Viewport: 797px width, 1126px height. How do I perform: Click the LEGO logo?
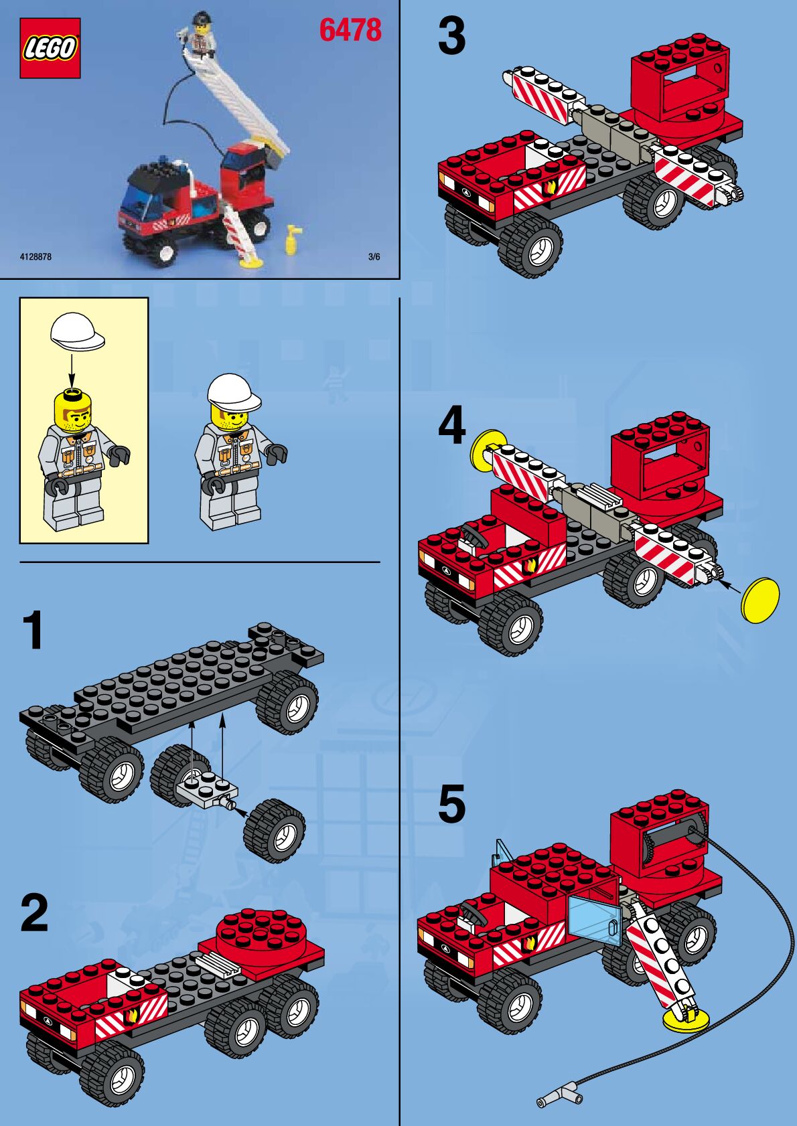point(50,48)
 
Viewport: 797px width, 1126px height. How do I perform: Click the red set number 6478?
point(350,30)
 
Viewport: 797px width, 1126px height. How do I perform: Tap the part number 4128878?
point(35,257)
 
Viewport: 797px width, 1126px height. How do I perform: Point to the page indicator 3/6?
point(374,257)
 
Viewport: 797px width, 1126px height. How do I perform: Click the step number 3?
point(451,36)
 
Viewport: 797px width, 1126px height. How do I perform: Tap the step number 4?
point(451,426)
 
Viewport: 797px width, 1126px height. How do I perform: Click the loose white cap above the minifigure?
point(77,331)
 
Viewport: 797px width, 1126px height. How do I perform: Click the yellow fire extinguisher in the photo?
point(292,239)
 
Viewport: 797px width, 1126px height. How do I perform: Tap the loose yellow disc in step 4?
point(759,600)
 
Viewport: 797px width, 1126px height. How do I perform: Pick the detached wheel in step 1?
point(275,830)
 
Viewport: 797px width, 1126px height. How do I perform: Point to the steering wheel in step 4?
point(474,534)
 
